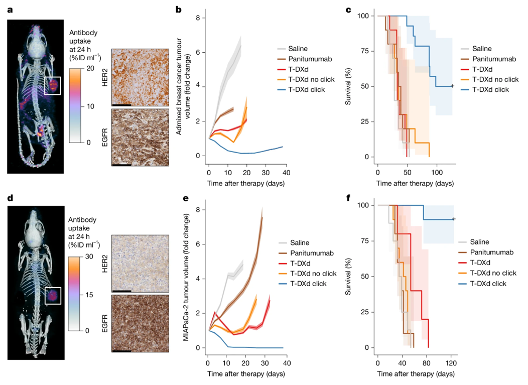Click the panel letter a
coord(10,10)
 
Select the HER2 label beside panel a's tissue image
coord(105,77)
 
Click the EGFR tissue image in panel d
coord(140,323)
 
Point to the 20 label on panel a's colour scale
coord(90,68)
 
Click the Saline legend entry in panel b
coord(293,49)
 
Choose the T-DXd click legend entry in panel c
coord(485,89)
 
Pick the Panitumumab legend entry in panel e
coord(306,253)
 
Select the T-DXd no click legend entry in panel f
coord(488,273)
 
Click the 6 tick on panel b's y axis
coord(198,52)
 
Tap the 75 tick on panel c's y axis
coord(365,51)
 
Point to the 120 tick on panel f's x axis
coord(451,363)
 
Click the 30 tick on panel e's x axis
coord(265,363)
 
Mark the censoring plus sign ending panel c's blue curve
coord(452,86)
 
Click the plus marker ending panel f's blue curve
coord(454,219)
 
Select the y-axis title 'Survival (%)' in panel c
coord(348,86)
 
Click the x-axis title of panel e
coord(246,374)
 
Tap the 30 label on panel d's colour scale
coord(89,256)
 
